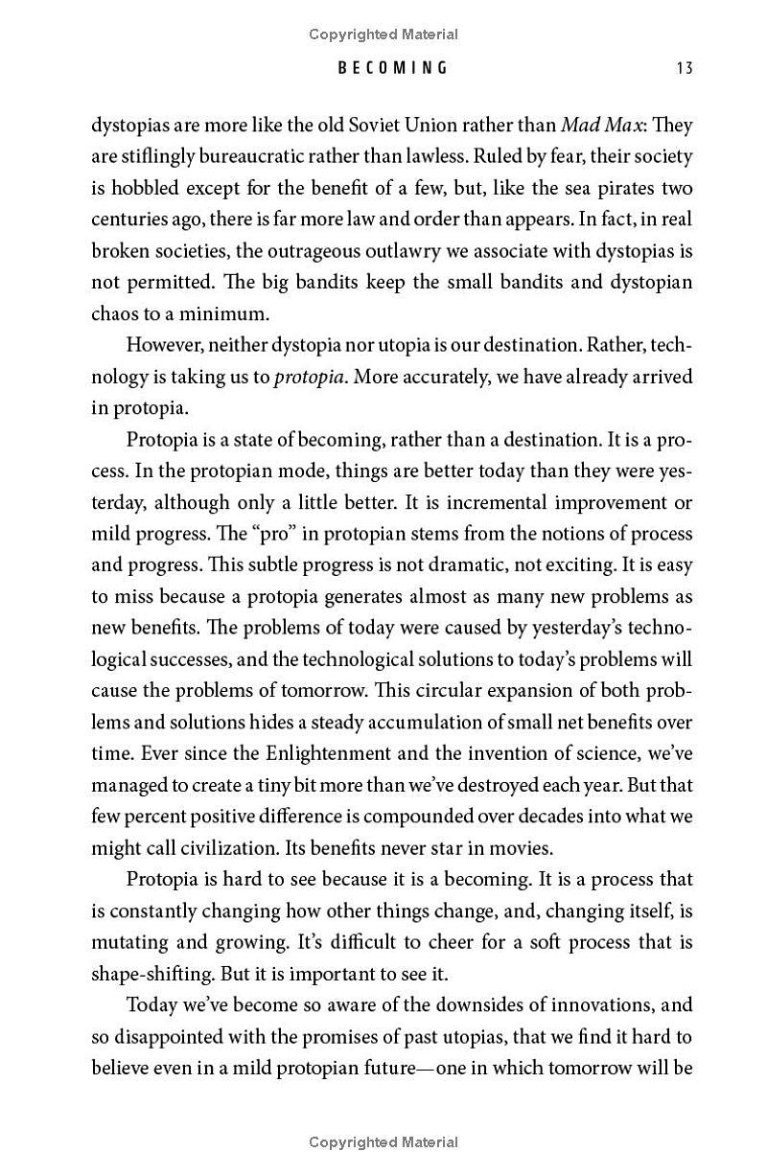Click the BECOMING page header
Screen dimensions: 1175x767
pyautogui.click(x=392, y=68)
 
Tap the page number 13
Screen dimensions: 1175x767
pyautogui.click(x=684, y=68)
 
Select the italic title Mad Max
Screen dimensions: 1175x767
pyautogui.click(x=601, y=126)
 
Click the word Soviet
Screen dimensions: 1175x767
pyautogui.click(x=397, y=126)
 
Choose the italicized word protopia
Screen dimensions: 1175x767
pyautogui.click(x=310, y=377)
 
